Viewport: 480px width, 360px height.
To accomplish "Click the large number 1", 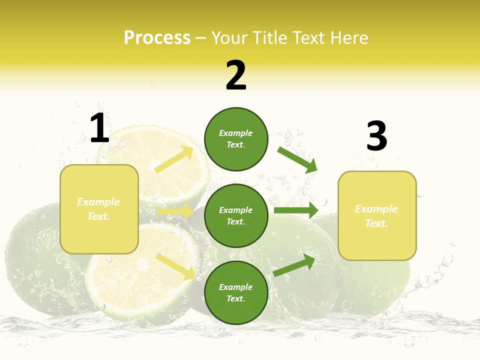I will coord(99,128).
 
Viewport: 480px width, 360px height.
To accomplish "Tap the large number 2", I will coord(236,76).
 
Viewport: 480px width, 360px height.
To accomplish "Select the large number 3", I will coord(376,136).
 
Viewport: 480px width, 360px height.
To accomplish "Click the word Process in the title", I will coord(157,37).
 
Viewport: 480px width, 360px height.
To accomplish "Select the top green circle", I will coord(236,139).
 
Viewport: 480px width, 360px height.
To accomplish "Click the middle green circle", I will coord(236,215).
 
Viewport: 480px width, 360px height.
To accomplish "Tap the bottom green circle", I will coord(236,292).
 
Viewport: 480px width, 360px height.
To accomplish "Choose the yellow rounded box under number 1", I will coord(99,209).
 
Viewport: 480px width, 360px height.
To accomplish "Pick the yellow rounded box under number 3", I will coord(377,216).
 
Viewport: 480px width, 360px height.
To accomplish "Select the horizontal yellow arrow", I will coord(175,211).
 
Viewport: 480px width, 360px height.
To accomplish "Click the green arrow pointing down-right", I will coord(297,159).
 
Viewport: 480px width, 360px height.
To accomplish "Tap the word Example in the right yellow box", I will coord(376,209).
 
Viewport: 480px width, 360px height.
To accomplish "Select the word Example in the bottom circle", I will coord(236,287).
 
